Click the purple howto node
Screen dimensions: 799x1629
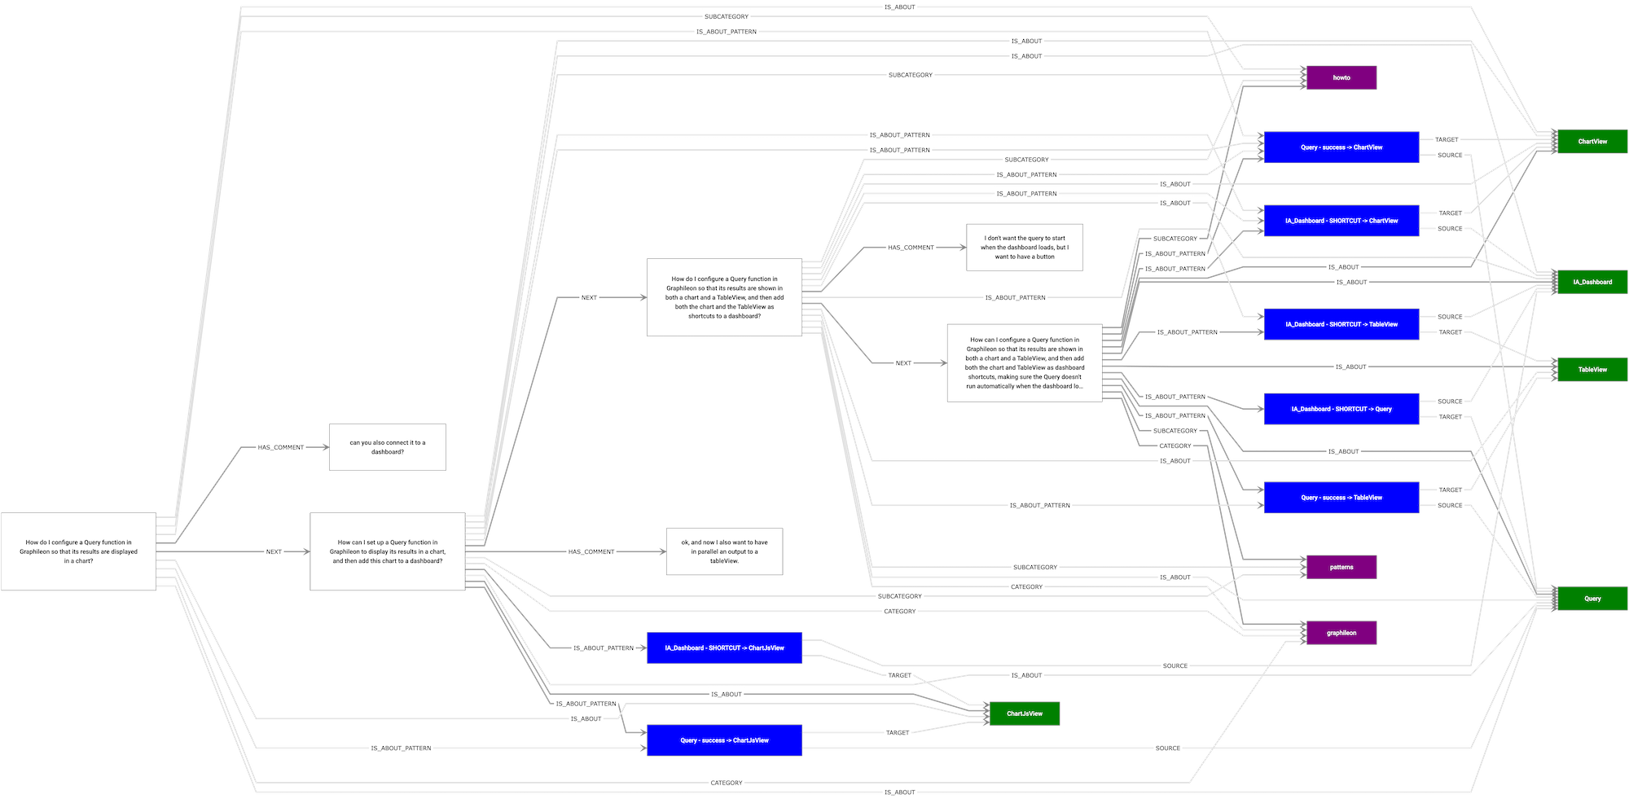pos(1341,78)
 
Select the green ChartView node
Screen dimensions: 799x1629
pos(1592,142)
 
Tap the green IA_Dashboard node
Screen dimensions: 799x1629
pos(1592,282)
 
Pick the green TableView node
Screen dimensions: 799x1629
pos(1592,370)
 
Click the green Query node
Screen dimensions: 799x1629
pos(1592,599)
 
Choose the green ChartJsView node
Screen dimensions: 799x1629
pos(1024,713)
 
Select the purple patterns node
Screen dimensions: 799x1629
pos(1341,567)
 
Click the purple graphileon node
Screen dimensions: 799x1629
pos(1341,633)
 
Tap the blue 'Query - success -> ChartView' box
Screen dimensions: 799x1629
pos(1341,147)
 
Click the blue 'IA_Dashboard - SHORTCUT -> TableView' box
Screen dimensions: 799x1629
pos(1341,324)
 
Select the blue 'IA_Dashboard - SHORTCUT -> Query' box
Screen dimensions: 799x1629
pos(1341,409)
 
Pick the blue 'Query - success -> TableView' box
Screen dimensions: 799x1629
pos(1341,498)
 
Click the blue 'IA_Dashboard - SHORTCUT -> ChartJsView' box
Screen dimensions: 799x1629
pos(724,648)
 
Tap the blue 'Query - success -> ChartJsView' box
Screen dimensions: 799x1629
pos(724,740)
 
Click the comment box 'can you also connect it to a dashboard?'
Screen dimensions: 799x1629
pos(388,447)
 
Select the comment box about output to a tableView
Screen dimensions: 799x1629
pos(724,551)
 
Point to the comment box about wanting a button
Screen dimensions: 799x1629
pos(1025,248)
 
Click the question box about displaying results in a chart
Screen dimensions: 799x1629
pos(78,551)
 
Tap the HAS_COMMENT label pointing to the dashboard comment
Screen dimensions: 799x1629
pos(280,447)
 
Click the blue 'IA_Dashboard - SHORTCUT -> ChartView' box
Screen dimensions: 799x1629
pos(1341,221)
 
